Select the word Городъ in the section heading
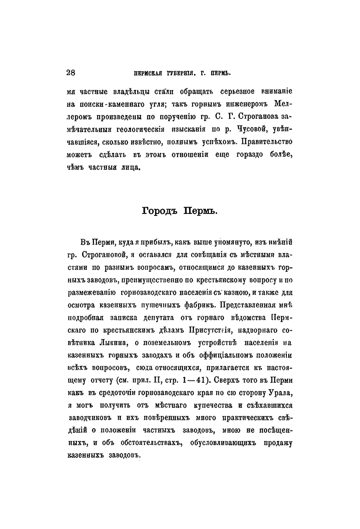[159, 211]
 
